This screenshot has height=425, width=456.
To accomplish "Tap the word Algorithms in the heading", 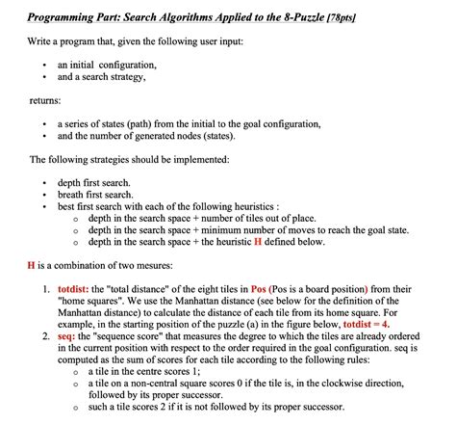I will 179,17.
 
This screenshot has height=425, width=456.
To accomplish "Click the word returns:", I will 45,99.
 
